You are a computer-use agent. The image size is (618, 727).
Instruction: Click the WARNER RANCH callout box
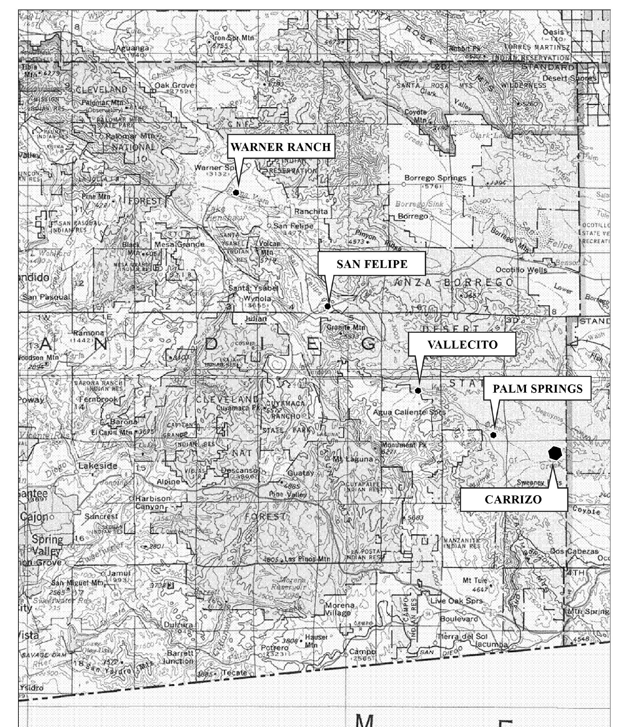coord(281,147)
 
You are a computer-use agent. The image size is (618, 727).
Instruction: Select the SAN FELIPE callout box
coord(372,264)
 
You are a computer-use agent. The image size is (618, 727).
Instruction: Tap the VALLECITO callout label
coord(462,344)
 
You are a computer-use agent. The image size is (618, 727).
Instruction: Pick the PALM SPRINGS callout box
coord(537,388)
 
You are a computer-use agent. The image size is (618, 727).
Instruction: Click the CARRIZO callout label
coord(513,499)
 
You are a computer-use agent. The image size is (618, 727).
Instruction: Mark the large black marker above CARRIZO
coord(555,453)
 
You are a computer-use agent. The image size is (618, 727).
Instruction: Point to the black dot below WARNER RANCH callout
coord(236,192)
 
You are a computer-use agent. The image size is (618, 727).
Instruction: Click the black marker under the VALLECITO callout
coord(418,391)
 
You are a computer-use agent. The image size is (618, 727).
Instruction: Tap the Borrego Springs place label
coord(435,178)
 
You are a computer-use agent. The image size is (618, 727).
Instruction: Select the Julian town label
coord(256,319)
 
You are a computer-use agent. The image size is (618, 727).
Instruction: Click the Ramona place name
coord(88,333)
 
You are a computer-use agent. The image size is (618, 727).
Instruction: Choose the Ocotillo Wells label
coord(521,270)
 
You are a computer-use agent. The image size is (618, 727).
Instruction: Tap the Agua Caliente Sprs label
coord(409,412)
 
